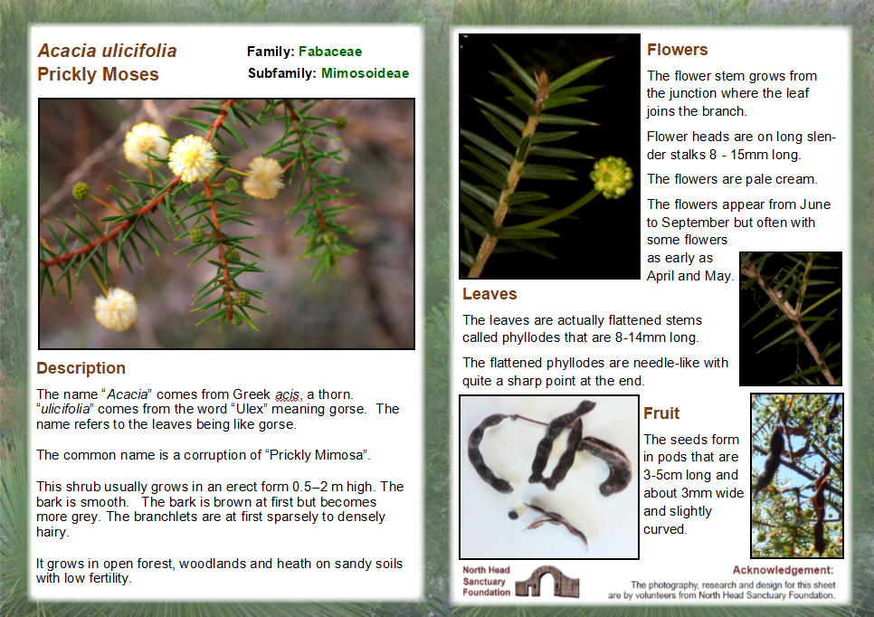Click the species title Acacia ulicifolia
(x=107, y=51)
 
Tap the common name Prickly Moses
(x=98, y=74)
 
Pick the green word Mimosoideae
(x=365, y=73)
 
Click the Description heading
(x=81, y=368)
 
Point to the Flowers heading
(x=677, y=50)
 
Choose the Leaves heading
(x=489, y=294)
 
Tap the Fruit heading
(x=661, y=413)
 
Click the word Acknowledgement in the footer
(x=783, y=570)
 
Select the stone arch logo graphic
(x=540, y=581)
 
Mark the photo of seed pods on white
(x=548, y=477)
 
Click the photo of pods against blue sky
(x=796, y=475)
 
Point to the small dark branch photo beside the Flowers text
(x=790, y=318)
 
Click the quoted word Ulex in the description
(x=256, y=409)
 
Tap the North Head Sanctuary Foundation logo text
(x=486, y=582)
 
